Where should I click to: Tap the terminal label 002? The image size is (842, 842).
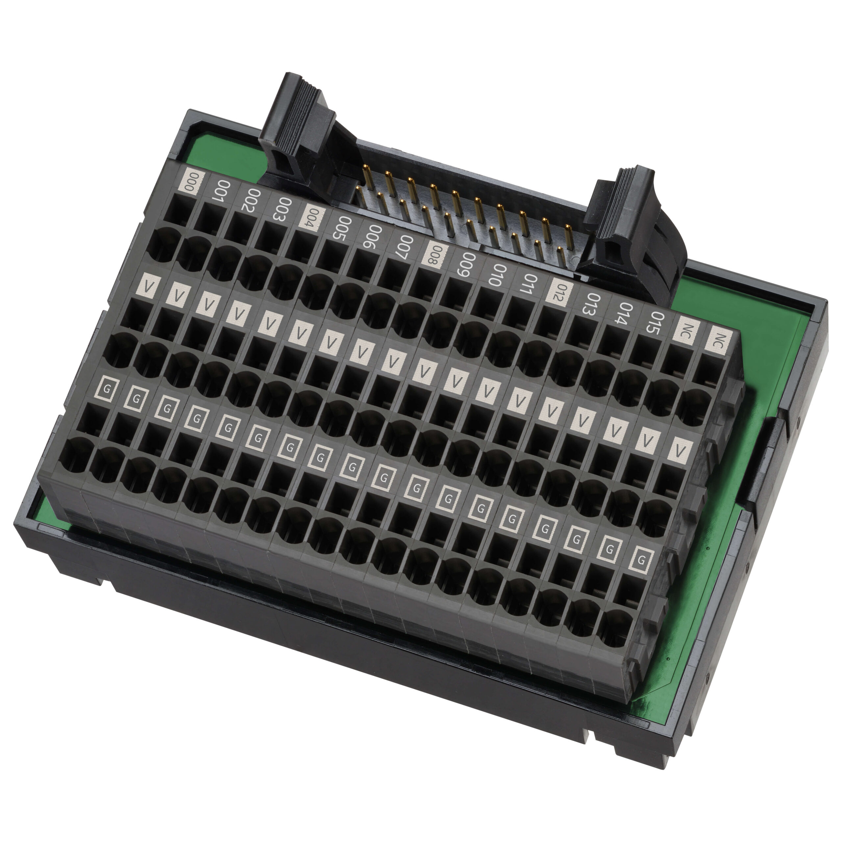(x=253, y=201)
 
